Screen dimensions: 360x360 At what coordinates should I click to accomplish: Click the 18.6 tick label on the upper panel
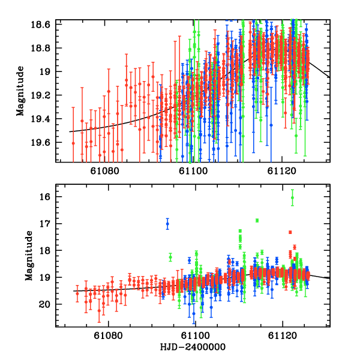tap(45, 25)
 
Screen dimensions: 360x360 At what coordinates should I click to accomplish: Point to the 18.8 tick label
tap(45, 48)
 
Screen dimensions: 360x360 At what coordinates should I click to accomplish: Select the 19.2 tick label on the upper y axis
tap(45, 95)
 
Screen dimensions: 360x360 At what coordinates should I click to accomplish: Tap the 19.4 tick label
tap(45, 119)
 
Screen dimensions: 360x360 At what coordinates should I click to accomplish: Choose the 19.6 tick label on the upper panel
tap(45, 142)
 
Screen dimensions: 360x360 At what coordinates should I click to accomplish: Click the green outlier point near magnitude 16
tap(292, 197)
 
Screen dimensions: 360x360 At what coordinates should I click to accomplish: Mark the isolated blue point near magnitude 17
tap(167, 224)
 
